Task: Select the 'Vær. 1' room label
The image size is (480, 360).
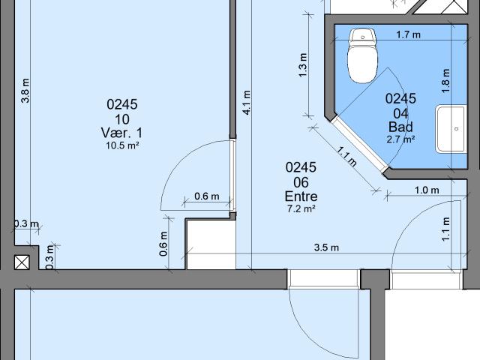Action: [x=121, y=133]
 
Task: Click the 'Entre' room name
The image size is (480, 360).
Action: [x=301, y=196]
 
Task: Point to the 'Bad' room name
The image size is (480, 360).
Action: [x=400, y=126]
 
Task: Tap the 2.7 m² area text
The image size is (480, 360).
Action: [x=400, y=139]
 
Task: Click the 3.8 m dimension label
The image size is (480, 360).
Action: [x=25, y=91]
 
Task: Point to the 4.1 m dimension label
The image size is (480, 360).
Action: [x=247, y=101]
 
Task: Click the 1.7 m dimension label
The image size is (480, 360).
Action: [x=407, y=34]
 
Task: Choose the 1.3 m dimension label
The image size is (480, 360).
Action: [x=303, y=66]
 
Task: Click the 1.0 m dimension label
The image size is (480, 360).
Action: [x=427, y=190]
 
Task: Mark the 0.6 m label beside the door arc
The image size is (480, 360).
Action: [x=206, y=196]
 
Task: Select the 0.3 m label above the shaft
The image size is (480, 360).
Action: [x=25, y=223]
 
